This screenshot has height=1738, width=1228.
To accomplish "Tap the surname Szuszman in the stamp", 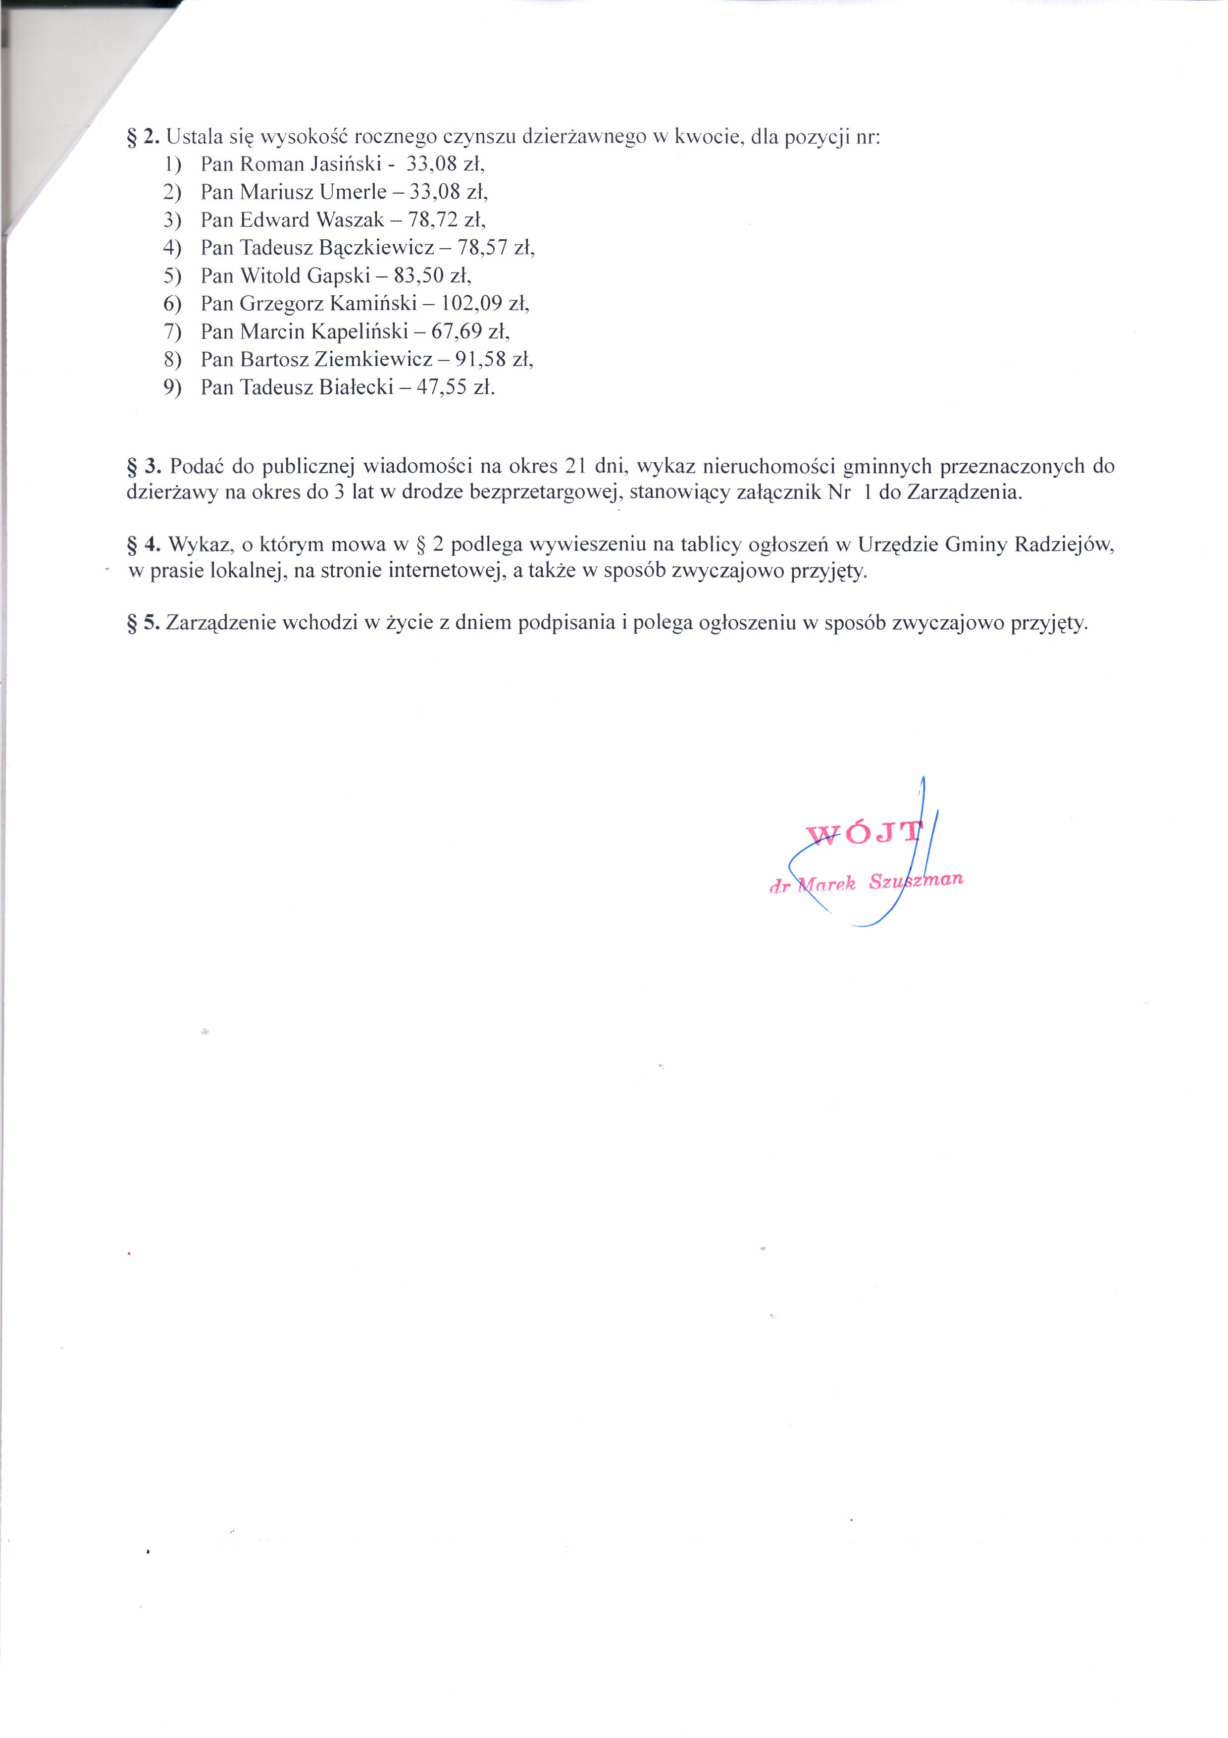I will (916, 880).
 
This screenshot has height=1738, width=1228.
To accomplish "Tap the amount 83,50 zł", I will (432, 275).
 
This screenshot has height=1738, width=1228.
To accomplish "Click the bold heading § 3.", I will (144, 466).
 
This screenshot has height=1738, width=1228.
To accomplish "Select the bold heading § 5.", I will (144, 623).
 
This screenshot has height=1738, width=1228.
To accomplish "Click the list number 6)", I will (172, 304).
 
